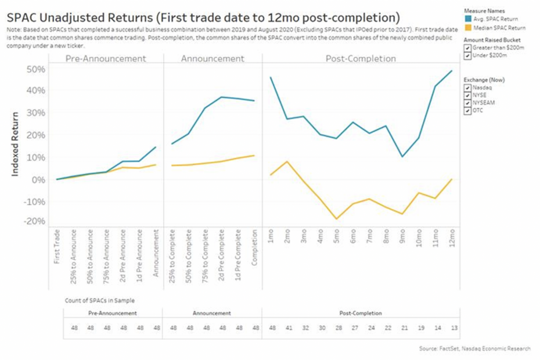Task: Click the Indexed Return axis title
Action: point(16,144)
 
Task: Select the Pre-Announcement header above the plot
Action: point(105,59)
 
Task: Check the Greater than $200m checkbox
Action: point(467,48)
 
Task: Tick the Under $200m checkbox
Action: point(467,56)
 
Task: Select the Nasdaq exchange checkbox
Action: point(467,87)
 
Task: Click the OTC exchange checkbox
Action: point(467,110)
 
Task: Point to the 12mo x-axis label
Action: point(452,237)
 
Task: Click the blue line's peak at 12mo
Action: point(452,71)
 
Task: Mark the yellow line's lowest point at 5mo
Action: point(337,219)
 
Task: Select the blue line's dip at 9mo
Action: point(402,157)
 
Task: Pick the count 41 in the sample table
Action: point(288,328)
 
